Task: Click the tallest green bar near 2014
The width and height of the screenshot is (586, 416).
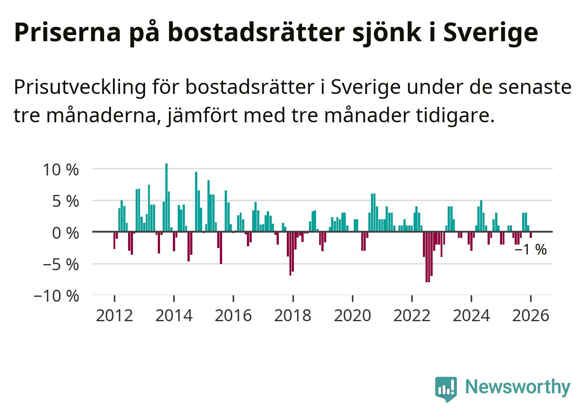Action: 166,197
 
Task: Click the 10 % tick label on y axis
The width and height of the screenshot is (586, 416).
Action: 61,169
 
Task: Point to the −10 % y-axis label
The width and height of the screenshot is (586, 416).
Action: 56,295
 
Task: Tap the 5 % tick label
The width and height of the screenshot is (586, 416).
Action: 66,201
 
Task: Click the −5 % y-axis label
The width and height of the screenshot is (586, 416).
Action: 61,264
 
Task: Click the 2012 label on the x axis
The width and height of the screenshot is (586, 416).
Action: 114,316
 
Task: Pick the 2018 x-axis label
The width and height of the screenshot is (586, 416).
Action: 293,316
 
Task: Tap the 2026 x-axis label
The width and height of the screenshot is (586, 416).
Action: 531,316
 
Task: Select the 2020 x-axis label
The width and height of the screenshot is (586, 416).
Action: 352,316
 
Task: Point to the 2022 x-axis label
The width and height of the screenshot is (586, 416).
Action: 412,316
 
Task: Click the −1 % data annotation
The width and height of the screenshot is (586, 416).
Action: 531,250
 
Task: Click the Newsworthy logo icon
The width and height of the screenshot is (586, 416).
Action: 445,389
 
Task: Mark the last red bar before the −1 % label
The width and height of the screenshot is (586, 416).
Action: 531,235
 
